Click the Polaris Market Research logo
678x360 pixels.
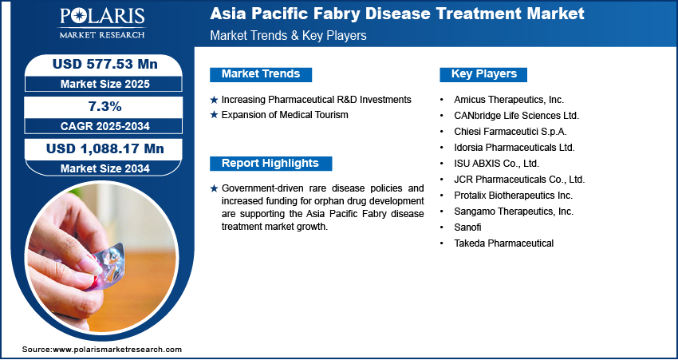point(102,23)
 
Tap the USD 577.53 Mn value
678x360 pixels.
point(105,65)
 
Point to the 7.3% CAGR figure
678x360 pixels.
point(104,106)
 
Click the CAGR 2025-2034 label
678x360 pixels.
point(105,126)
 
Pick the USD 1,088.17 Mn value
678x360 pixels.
point(105,148)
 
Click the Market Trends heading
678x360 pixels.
point(261,74)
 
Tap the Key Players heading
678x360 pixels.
point(484,74)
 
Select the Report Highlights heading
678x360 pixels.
point(270,163)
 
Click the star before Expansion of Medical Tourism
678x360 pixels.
point(214,115)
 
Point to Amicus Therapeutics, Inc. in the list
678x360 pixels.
point(509,100)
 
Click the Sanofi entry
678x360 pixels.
point(467,227)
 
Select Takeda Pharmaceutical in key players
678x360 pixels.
point(504,243)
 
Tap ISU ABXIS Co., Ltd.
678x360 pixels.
point(497,164)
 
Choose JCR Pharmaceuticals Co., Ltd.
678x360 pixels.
point(519,179)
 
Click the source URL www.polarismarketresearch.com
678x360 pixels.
point(117,349)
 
